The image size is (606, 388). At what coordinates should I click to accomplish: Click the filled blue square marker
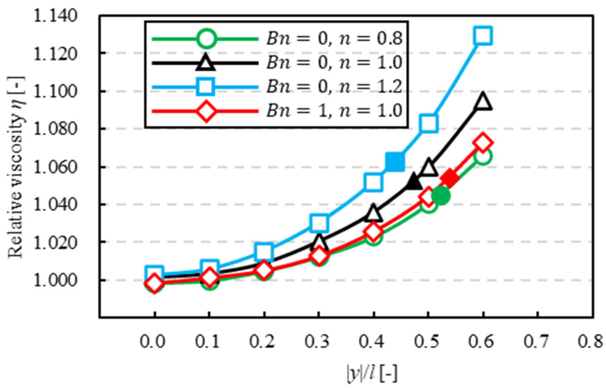tap(395, 162)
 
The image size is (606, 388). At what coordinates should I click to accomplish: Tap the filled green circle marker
tap(441, 196)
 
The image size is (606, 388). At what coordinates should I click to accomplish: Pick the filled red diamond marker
tap(450, 178)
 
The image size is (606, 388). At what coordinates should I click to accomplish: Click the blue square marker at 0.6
tap(483, 35)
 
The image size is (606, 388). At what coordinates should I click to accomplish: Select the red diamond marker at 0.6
tap(483, 143)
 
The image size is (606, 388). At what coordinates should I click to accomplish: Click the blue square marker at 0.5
tap(428, 123)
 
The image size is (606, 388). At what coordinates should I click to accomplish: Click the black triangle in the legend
tap(206, 63)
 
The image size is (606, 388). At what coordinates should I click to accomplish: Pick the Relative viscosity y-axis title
tap(16, 167)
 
